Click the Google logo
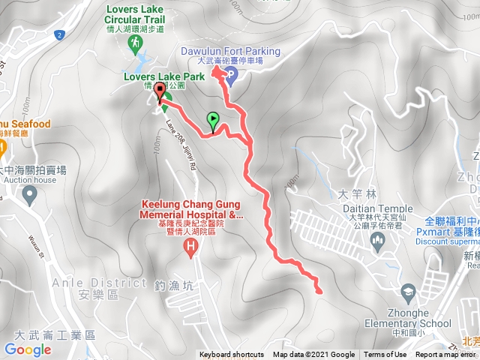click(x=28, y=349)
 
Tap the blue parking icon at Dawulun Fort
click(x=231, y=73)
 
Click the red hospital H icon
click(x=193, y=244)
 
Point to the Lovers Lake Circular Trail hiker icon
click(x=136, y=45)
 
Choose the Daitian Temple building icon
click(x=378, y=241)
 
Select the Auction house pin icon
click(x=31, y=196)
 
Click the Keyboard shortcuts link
click(x=232, y=355)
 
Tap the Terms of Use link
click(x=385, y=355)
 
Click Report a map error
click(x=445, y=355)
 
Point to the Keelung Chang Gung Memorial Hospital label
click(x=191, y=209)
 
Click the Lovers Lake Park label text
click(x=154, y=76)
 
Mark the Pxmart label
click(x=442, y=232)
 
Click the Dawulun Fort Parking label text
click(x=231, y=51)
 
